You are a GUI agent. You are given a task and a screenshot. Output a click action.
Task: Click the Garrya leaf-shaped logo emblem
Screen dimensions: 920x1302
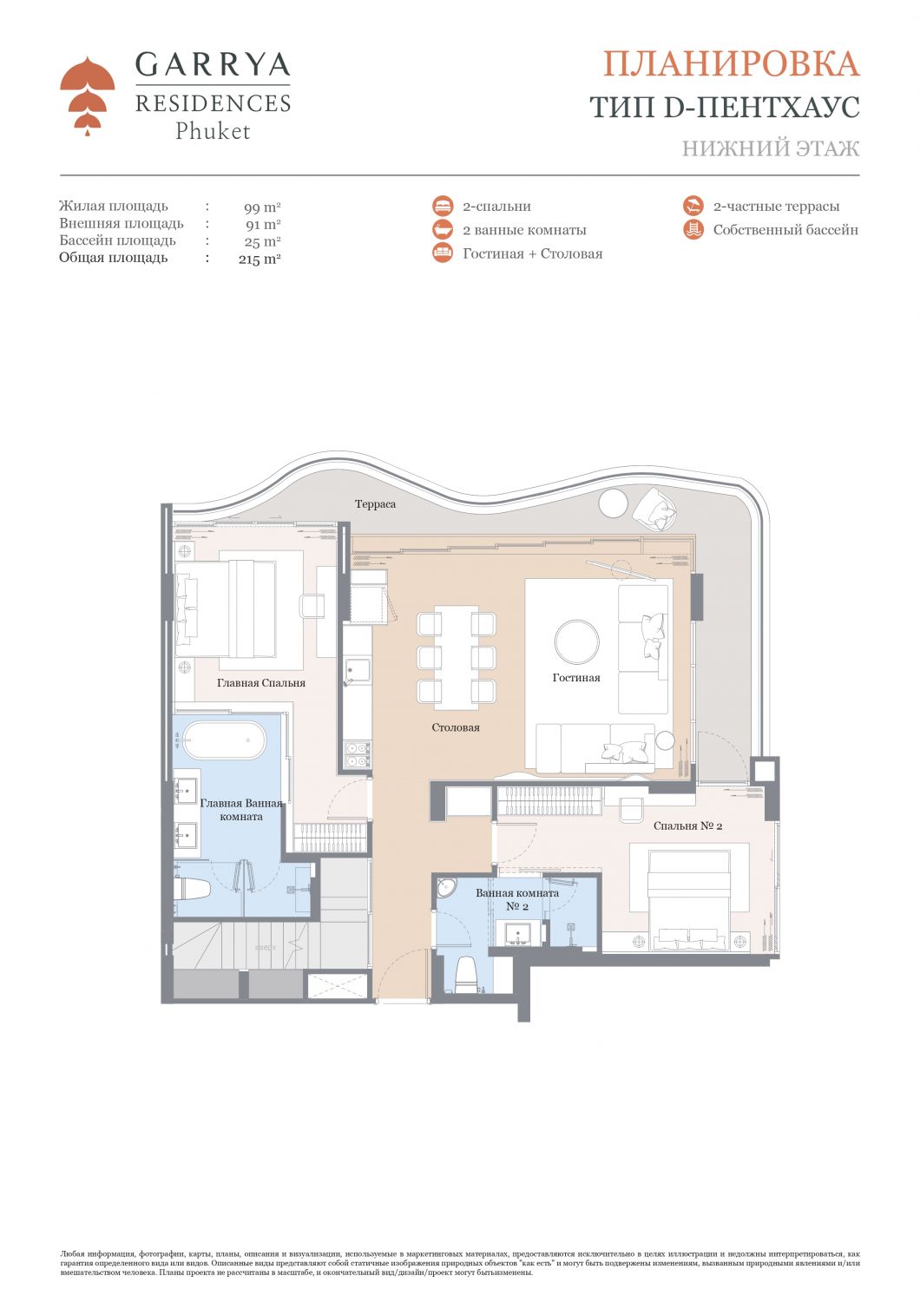pos(87,95)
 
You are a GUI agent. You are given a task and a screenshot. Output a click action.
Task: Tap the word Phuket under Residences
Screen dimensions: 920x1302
pos(213,132)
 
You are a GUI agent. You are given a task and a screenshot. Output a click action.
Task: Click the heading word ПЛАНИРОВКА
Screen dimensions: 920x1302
pos(731,64)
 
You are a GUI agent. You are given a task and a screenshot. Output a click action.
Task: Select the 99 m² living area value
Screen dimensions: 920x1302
pos(262,207)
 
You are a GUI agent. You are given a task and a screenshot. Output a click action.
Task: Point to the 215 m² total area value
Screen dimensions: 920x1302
pos(260,259)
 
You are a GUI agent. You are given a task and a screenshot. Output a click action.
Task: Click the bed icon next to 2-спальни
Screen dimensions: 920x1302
pos(443,207)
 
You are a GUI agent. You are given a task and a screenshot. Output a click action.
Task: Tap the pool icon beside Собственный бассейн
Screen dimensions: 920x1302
pos(693,230)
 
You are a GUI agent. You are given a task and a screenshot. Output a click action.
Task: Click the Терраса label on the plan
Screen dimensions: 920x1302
pos(375,504)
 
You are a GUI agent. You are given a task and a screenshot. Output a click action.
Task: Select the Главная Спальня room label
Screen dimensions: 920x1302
pos(261,683)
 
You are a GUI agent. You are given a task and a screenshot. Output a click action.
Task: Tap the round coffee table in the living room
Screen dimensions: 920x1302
pos(576,642)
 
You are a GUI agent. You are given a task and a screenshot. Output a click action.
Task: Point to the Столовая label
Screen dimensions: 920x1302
pos(456,727)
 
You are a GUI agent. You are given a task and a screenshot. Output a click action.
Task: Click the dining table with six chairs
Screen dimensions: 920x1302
pos(457,657)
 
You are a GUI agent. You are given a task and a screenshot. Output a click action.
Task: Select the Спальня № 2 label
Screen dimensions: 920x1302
pos(687,826)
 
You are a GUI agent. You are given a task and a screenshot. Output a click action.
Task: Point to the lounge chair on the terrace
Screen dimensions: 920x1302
pos(657,510)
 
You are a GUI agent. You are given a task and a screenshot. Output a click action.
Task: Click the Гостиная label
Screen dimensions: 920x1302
pos(576,678)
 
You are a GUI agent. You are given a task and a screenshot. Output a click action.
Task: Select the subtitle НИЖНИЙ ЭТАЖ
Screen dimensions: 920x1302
pos(770,148)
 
